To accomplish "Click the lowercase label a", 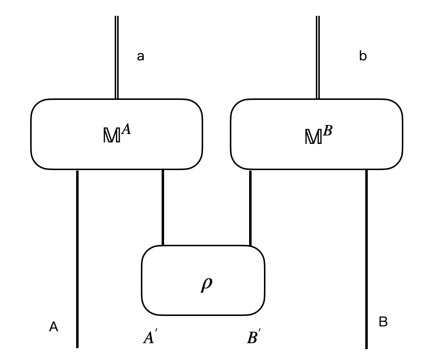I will (140, 56).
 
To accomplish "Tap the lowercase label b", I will (363, 56).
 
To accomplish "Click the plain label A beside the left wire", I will (53, 327).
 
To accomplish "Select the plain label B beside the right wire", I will (383, 322).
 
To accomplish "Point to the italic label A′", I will (148, 338).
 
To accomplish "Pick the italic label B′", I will (252, 338).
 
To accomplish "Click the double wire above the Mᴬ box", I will (117, 57).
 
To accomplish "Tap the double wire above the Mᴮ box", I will (318, 57).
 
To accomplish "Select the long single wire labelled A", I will (77, 257).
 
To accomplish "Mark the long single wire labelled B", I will (366, 257).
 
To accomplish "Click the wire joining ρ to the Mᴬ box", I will (163, 208).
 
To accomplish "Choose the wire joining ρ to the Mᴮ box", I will (250, 208).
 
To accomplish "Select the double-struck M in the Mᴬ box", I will (111, 136).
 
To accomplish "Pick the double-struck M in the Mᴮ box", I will (313, 137).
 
